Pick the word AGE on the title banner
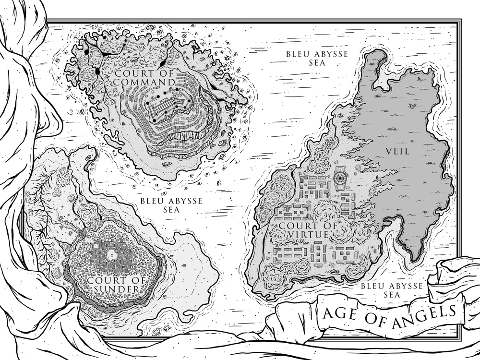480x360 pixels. click(340, 315)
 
